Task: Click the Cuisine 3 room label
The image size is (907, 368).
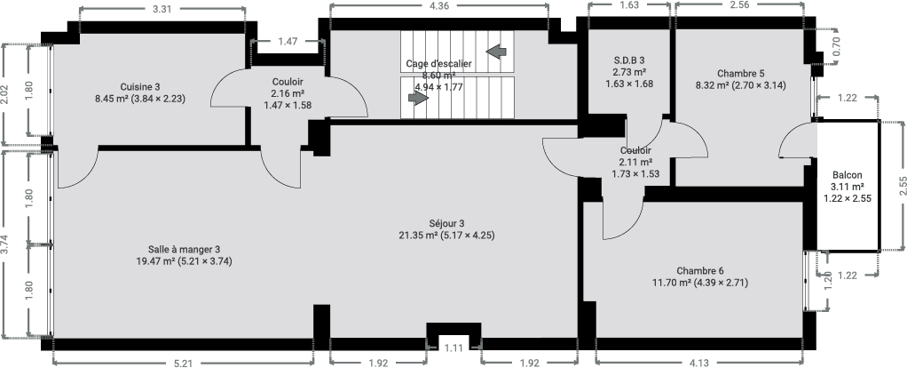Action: (x=140, y=87)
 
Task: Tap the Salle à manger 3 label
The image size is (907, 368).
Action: (x=184, y=249)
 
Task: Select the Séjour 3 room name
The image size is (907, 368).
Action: (x=446, y=223)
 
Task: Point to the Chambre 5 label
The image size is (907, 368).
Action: (x=740, y=74)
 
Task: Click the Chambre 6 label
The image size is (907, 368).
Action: (x=700, y=270)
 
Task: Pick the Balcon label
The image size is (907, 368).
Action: (x=848, y=175)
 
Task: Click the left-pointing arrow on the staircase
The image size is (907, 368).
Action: (x=496, y=52)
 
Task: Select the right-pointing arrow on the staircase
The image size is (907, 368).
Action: (x=418, y=98)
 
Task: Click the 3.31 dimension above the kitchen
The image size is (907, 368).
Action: (x=162, y=9)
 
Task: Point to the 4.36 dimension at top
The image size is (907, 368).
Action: (x=439, y=6)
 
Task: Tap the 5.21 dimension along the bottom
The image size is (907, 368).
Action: (x=183, y=364)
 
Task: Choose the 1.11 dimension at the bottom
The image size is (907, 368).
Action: (x=454, y=348)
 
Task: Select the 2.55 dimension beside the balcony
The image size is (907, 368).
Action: (x=903, y=187)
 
